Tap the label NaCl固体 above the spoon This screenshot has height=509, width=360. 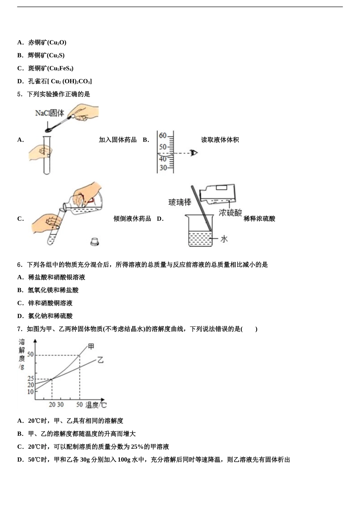(50, 113)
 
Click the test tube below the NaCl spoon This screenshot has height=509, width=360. (47, 155)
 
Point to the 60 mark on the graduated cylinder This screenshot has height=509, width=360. (163, 136)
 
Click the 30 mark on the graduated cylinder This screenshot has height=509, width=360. (163, 168)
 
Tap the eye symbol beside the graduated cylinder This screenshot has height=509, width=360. (194, 153)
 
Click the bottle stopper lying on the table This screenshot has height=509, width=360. (95, 241)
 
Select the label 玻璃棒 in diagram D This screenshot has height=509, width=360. (180, 203)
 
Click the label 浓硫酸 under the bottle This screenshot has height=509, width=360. (230, 213)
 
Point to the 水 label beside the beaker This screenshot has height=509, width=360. (224, 239)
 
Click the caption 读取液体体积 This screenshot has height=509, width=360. (220, 140)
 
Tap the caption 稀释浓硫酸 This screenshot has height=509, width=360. (260, 219)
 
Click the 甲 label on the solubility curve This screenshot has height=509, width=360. (91, 346)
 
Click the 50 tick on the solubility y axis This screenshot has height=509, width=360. (30, 355)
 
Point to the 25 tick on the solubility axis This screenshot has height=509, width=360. (30, 379)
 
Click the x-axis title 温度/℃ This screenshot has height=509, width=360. (96, 405)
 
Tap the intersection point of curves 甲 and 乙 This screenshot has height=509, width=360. (52, 379)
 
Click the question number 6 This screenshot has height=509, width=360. (20, 265)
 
